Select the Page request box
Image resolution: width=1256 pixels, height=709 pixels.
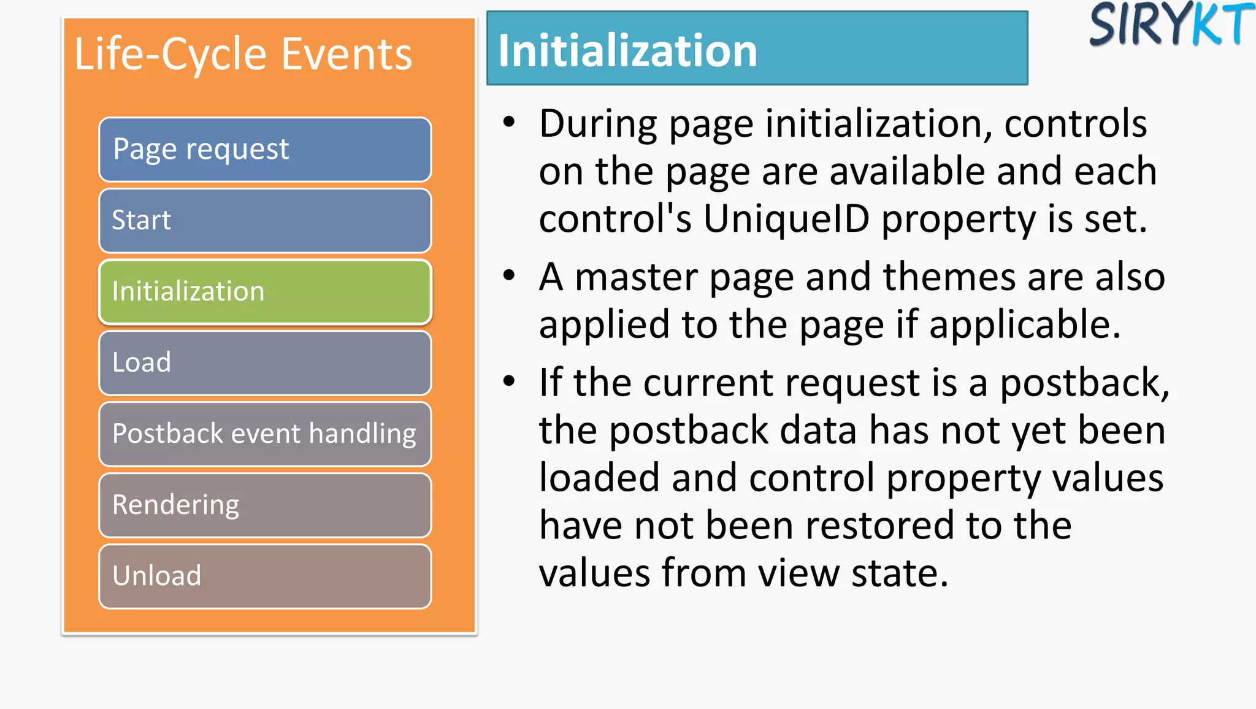(265, 150)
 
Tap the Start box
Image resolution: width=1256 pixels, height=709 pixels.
(265, 221)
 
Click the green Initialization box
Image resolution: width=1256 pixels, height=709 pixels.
(265, 292)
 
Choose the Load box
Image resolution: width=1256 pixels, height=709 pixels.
(265, 363)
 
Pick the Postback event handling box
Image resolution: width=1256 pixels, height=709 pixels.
(265, 434)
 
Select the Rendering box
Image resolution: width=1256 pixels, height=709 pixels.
(265, 505)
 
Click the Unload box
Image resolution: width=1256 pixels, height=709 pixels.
(265, 577)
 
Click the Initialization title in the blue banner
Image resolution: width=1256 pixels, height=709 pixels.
(628, 50)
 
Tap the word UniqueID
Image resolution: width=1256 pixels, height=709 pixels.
(786, 219)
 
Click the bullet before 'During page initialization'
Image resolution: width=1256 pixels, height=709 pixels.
(509, 121)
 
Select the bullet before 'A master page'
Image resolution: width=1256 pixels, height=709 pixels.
(509, 275)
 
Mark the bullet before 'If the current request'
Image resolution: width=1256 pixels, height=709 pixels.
(509, 381)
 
